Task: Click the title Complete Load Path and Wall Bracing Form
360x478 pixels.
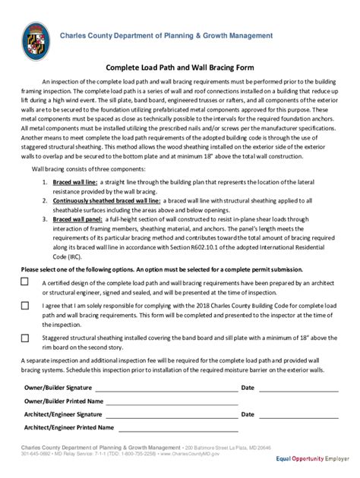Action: (179, 67)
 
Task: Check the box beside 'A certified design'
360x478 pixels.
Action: (25, 281)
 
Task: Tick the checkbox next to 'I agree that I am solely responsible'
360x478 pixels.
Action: (25, 306)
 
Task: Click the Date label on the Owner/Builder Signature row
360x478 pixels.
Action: (247, 387)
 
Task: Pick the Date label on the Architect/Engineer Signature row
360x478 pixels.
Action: (247, 415)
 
